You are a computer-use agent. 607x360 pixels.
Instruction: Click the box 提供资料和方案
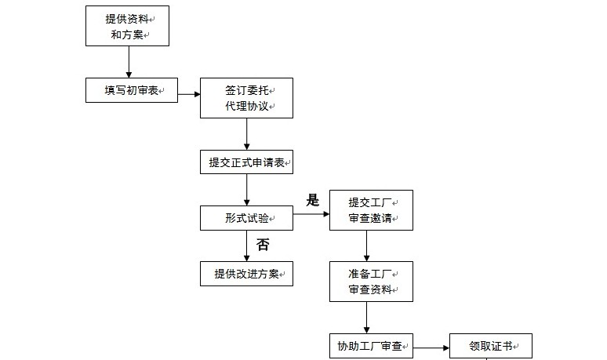pos(128,26)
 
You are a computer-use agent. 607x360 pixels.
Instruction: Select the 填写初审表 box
pos(132,90)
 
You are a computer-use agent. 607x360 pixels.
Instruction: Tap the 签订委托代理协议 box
pos(247,98)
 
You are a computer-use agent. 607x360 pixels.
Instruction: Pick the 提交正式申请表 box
pos(246,163)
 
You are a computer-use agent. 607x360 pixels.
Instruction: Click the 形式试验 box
pos(246,218)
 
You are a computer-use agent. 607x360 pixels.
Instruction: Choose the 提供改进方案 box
pos(246,273)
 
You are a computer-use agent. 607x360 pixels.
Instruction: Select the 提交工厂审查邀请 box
pos(370,210)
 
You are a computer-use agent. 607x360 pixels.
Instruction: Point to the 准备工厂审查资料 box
pos(370,281)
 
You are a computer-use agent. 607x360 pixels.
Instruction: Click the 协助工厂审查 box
pos(370,345)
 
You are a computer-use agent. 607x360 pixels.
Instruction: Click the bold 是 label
pos(313,200)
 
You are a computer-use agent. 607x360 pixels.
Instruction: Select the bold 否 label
pos(264,245)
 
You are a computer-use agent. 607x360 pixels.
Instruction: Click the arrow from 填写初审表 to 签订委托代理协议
pos(189,96)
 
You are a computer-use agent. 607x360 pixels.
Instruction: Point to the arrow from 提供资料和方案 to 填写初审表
pos(128,61)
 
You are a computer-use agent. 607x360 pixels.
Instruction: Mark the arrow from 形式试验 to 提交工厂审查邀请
pos(311,213)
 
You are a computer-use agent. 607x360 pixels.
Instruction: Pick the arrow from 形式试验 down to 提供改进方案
pos(246,245)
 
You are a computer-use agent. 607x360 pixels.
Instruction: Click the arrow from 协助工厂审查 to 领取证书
pos(431,345)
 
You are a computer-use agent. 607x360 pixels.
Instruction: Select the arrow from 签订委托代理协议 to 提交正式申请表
pos(247,134)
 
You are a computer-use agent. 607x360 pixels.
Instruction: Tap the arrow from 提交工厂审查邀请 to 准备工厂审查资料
pos(367,245)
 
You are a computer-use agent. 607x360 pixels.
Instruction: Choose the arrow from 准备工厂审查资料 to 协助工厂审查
pos(367,318)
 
